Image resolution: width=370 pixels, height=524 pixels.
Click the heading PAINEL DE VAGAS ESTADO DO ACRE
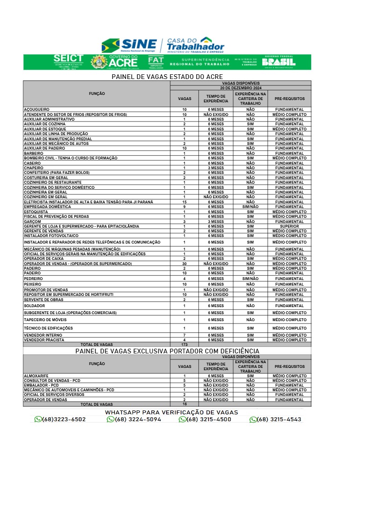point(167,77)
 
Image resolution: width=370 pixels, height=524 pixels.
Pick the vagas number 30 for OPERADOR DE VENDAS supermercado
point(184,264)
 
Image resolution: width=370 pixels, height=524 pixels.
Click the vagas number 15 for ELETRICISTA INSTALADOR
point(184,202)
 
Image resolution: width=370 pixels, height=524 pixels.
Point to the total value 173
point(184,345)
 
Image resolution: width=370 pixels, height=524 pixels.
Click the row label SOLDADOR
point(34,306)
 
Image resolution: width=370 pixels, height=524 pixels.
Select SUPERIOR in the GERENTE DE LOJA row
point(289,226)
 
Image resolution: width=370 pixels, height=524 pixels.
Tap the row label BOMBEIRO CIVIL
point(70,158)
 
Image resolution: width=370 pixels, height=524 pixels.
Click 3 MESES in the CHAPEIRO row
point(216,168)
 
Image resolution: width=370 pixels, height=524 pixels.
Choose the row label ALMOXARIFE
point(36,376)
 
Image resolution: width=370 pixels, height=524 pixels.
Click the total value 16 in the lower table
point(184,404)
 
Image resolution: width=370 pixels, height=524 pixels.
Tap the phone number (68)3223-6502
point(64,420)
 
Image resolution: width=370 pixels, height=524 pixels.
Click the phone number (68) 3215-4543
point(279,420)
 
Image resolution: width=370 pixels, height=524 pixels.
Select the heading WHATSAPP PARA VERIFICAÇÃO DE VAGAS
point(171,412)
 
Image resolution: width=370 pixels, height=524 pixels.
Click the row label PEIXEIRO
point(33,284)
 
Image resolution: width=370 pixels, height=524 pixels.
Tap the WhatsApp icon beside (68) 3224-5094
point(111,420)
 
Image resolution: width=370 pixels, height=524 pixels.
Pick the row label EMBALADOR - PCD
point(41,385)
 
